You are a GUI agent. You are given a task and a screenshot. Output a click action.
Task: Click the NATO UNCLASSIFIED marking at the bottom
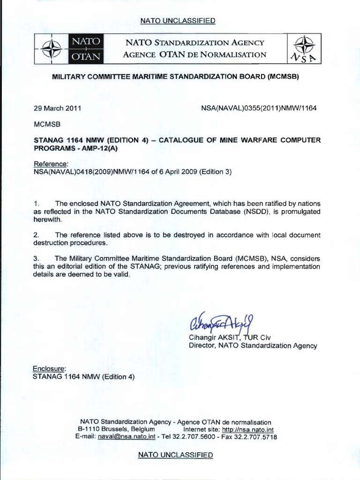pyautogui.click(x=175, y=455)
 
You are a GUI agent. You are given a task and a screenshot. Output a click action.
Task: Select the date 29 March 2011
pyautogui.click(x=58, y=108)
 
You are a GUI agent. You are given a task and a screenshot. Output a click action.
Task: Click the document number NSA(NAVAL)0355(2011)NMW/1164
pyautogui.click(x=259, y=108)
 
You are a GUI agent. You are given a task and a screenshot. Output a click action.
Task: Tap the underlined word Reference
pyautogui.click(x=51, y=164)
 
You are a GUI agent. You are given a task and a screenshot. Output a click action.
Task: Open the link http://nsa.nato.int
pyautogui.click(x=248, y=429)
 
